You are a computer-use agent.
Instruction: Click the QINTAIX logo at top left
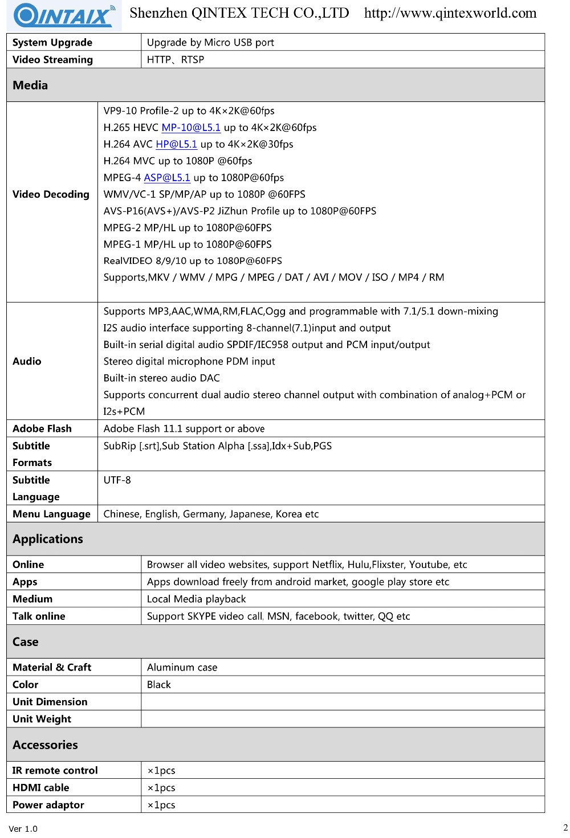coord(64,15)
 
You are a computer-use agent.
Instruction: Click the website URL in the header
coord(450,13)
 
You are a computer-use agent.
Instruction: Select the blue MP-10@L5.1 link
coord(191,128)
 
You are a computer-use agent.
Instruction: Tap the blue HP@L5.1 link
coord(176,144)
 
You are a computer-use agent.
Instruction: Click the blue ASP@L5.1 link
coord(167,178)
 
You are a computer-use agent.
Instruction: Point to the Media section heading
coord(30,85)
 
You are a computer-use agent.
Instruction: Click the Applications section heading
coord(48,539)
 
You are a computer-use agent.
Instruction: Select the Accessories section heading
coord(45,745)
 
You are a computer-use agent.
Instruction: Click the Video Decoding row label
coord(51,194)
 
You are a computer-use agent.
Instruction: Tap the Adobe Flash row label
coord(42,428)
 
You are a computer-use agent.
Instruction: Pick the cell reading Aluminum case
coord(182,667)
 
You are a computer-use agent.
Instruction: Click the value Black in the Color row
coord(159,684)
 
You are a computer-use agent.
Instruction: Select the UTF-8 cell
coord(117,480)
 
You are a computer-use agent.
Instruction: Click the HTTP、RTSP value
coord(175,60)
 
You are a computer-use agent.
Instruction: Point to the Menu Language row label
coord(51,514)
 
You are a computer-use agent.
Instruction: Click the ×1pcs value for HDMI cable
coord(161,787)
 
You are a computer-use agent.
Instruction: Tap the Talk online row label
coord(39,616)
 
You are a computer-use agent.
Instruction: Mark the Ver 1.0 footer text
coord(23,828)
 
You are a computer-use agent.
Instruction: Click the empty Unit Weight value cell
coord(342,719)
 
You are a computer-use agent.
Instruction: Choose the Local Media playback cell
coord(196,599)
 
